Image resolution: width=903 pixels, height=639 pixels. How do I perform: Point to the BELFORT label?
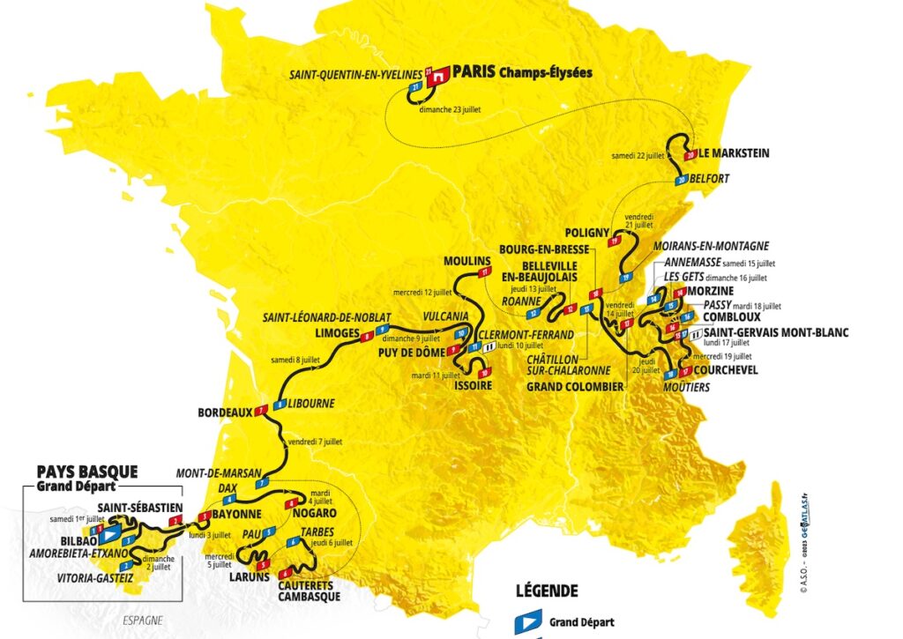point(713,178)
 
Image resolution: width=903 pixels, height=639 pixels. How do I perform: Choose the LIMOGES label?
point(337,333)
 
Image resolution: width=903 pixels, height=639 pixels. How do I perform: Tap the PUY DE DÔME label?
point(409,351)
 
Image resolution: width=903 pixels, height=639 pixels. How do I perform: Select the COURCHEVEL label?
point(728,370)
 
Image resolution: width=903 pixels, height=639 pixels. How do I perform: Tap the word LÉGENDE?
point(546,591)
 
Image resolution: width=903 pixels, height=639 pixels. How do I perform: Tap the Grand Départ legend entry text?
point(582,622)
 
